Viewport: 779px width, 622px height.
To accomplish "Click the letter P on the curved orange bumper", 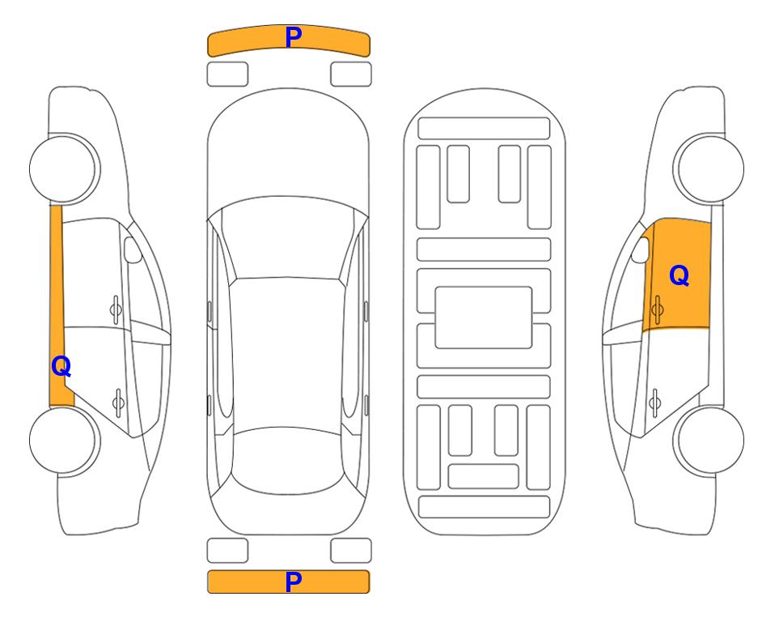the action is (293, 37).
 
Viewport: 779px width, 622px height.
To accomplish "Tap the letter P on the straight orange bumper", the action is (293, 582).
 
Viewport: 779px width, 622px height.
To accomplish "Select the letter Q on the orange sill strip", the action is (61, 367).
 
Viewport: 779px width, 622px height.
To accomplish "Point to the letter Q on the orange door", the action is (680, 275).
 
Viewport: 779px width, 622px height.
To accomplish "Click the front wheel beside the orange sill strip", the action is (65, 168).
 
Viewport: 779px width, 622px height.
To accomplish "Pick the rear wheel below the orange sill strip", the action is (65, 440).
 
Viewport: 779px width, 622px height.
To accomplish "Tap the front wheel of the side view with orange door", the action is (709, 168).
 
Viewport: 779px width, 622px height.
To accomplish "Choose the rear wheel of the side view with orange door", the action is (709, 440).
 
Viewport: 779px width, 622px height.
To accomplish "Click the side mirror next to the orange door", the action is (640, 249).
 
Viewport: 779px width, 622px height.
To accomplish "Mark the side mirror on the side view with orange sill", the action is (133, 249).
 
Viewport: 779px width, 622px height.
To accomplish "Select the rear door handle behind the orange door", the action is (654, 402).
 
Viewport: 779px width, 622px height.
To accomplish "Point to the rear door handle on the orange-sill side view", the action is (118, 402).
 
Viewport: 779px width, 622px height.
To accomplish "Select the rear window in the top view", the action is (288, 460).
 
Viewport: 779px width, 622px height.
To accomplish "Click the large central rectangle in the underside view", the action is (484, 317).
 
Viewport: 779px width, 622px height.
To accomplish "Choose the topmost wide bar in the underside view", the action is (484, 129).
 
